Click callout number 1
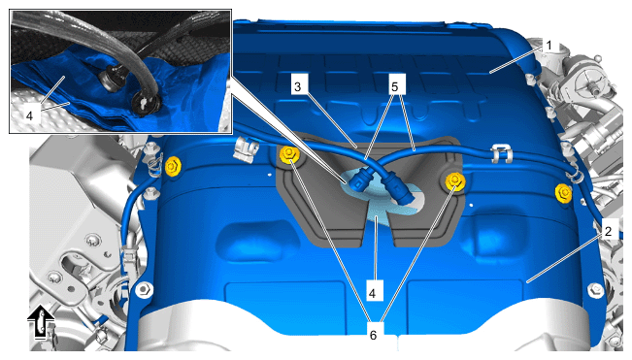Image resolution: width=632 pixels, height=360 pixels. [548, 46]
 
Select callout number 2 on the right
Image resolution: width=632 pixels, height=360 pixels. [608, 231]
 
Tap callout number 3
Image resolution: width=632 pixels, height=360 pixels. [297, 85]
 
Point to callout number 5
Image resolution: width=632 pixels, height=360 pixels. [394, 86]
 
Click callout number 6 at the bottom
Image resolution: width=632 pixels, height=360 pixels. [373, 335]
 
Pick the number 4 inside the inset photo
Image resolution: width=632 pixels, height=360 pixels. [29, 116]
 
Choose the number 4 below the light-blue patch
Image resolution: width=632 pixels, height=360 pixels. [373, 293]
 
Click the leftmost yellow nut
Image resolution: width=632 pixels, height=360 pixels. [173, 166]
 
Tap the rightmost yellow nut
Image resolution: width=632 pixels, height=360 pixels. [563, 193]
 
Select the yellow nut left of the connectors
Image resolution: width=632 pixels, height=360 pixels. [287, 154]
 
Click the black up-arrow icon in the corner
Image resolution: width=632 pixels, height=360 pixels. [41, 322]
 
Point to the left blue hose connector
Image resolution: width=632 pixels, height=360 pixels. [360, 180]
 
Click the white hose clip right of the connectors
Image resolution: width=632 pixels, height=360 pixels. [499, 154]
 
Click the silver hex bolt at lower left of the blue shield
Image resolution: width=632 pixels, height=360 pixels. [145, 289]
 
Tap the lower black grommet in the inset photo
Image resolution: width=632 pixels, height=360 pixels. [144, 104]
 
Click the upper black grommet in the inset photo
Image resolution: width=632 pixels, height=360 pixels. [111, 79]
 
